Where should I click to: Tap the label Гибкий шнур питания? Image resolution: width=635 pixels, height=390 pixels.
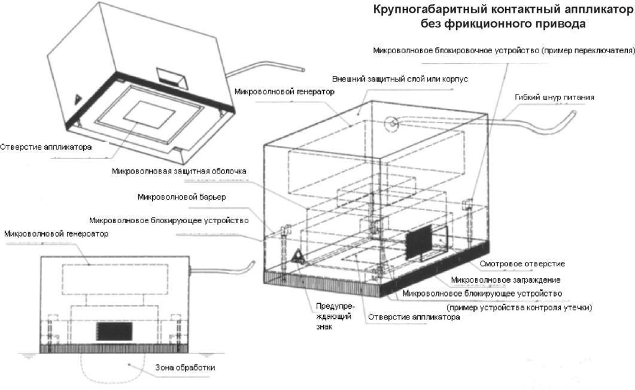pyautogui.click(x=554, y=97)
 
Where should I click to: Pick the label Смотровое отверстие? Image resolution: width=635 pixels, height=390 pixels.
pyautogui.click(x=522, y=264)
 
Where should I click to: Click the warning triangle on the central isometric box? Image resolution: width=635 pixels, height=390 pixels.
pyautogui.click(x=297, y=257)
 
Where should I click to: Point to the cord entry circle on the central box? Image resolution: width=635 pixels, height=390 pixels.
pyautogui.click(x=391, y=124)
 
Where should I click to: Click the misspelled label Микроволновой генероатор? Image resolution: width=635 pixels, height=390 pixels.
pyautogui.click(x=56, y=233)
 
